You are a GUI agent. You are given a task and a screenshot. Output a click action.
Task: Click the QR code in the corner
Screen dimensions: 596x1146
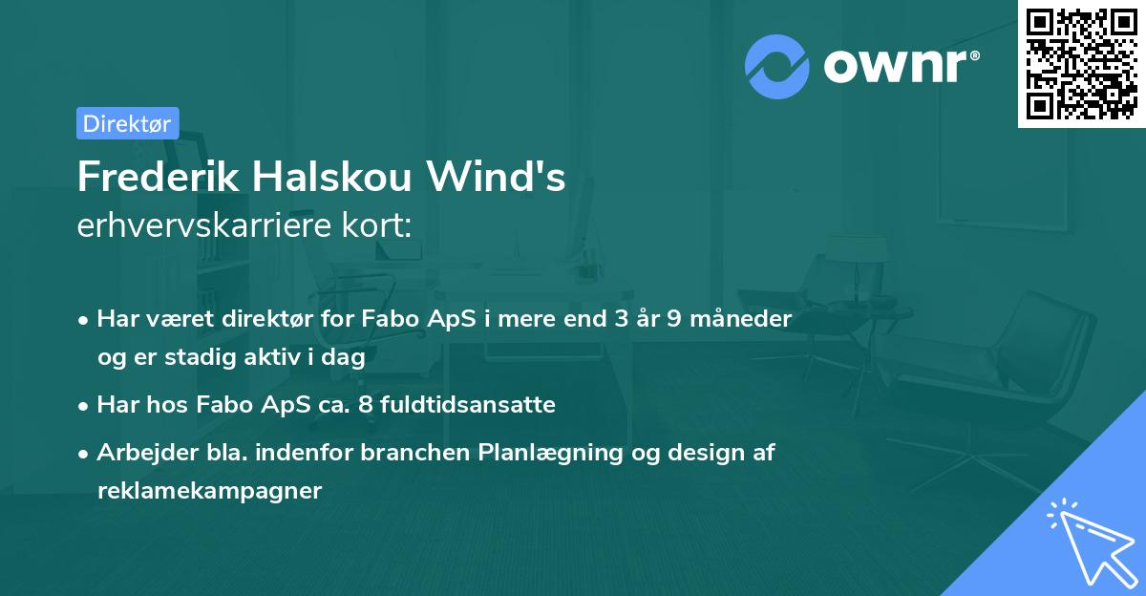click(x=1081, y=63)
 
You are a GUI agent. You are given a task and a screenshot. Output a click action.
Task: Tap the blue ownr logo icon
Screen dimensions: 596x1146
click(x=777, y=66)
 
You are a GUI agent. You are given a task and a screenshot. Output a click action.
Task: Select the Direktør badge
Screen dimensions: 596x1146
click(x=127, y=123)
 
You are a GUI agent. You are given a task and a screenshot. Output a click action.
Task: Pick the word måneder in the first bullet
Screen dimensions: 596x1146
click(x=746, y=319)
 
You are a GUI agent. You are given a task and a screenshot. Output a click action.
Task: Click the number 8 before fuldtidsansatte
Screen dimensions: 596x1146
click(x=365, y=405)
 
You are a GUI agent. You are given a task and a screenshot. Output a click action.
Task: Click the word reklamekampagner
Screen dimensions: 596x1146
click(x=210, y=491)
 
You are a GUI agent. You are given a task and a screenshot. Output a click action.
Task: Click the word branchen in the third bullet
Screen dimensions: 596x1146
click(x=415, y=453)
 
